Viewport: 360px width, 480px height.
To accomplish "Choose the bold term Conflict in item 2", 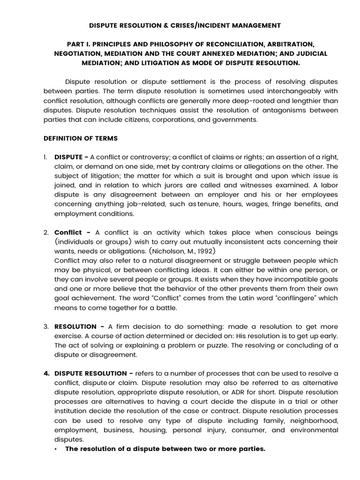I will coord(68,232).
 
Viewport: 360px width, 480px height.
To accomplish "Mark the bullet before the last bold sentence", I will coord(56,449).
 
